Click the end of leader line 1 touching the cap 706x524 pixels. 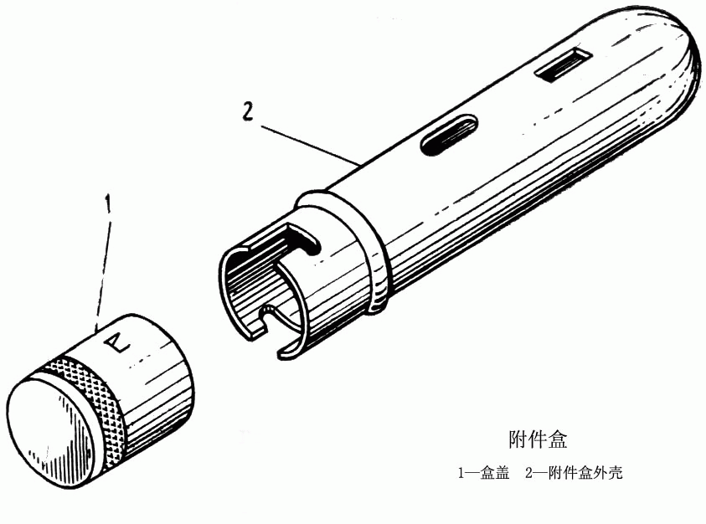tap(96, 331)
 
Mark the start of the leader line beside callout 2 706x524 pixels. tap(261, 126)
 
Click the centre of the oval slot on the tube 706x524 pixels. tap(448, 135)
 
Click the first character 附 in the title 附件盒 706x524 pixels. tap(518, 439)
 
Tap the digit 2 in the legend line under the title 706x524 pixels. tap(529, 474)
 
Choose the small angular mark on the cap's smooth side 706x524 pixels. tap(118, 341)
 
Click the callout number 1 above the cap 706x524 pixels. tap(107, 204)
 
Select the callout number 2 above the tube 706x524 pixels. tap(248, 111)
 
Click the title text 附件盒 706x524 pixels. tap(538, 439)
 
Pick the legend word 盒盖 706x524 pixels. tap(494, 474)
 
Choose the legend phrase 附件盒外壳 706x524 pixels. tap(585, 474)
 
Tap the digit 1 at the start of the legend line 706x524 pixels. tap(461, 474)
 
